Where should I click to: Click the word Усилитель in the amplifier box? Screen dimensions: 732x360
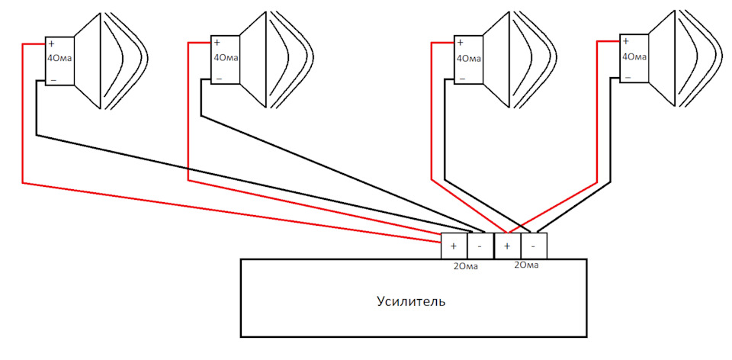(411, 301)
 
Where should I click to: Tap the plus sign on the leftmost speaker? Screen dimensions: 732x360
(51, 44)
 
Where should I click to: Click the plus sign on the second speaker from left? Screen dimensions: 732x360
(217, 43)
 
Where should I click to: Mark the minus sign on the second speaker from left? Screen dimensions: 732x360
(219, 79)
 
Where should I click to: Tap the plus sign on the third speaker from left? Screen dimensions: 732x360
(460, 43)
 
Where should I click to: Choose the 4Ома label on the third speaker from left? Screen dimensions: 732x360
(469, 59)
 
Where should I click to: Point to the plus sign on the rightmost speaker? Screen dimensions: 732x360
(625, 41)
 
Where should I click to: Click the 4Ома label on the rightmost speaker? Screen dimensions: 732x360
(634, 56)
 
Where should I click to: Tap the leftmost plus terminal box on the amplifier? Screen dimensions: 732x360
(454, 246)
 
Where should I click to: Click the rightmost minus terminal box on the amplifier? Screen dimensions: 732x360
(534, 246)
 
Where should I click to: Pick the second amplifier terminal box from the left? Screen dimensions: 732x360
(480, 246)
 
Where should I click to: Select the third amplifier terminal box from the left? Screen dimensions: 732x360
(508, 246)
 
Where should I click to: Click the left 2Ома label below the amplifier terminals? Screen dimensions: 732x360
(466, 268)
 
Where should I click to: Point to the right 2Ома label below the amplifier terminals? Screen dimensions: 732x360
(526, 265)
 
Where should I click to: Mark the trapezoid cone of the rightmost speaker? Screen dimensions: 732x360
(662, 59)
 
